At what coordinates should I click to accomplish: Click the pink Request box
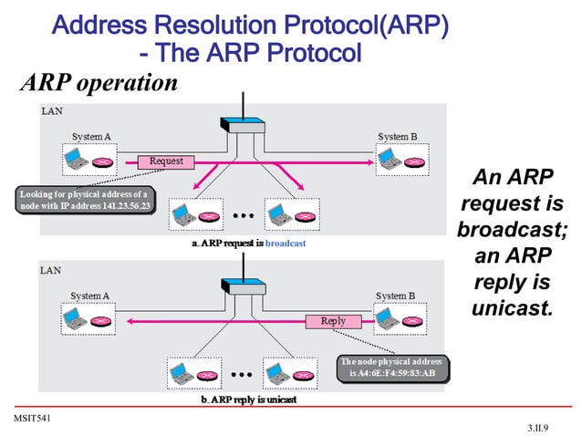(x=166, y=161)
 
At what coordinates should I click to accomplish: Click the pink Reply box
(x=333, y=321)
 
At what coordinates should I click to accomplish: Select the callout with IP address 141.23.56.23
(x=84, y=201)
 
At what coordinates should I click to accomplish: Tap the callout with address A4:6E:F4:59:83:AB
(x=392, y=368)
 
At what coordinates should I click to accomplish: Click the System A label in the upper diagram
(x=91, y=137)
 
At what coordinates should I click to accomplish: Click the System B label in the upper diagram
(x=397, y=137)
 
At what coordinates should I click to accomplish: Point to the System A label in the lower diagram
(x=91, y=296)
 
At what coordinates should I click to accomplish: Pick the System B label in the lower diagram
(x=397, y=296)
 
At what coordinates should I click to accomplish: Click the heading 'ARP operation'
(x=99, y=84)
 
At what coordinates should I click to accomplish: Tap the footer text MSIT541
(x=29, y=417)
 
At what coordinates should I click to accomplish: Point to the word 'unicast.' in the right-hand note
(x=512, y=307)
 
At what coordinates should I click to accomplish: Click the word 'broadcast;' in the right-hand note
(x=512, y=227)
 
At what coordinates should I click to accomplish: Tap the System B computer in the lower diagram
(x=399, y=320)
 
